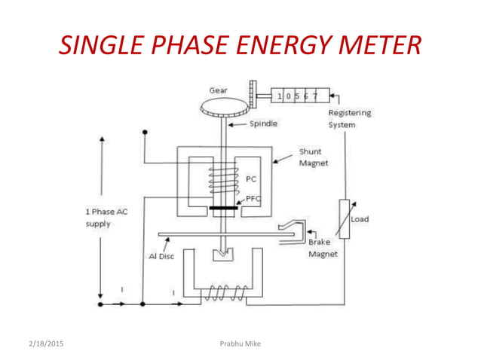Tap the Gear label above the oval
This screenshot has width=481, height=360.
point(218,90)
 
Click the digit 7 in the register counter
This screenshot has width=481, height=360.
point(314,97)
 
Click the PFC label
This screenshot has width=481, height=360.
point(253,199)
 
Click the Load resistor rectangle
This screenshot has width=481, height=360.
point(344,219)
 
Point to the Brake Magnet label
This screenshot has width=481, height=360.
point(323,249)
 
